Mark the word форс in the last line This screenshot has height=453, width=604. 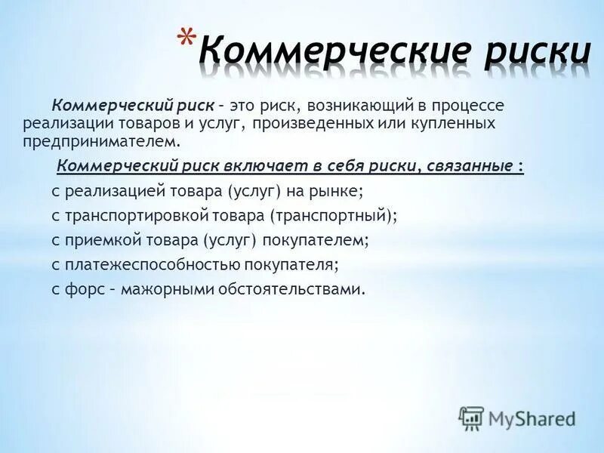pos(82,288)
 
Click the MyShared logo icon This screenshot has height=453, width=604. pos(472,418)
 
